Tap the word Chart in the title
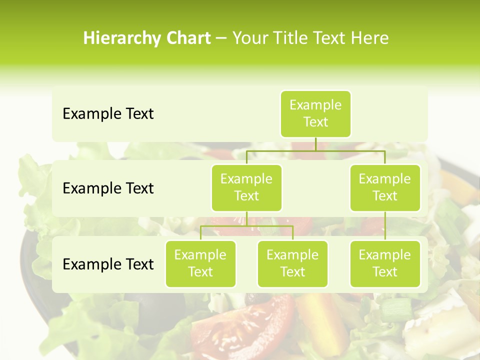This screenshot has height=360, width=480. tap(184, 38)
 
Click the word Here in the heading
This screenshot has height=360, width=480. tap(370, 38)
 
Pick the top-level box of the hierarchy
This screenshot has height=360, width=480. tap(315, 113)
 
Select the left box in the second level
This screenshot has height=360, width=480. tap(246, 187)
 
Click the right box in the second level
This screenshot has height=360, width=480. tap(385, 187)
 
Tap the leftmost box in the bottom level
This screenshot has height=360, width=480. tap(200, 263)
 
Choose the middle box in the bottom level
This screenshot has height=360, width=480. tap(292, 263)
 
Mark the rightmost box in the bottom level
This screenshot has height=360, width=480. tap(385, 263)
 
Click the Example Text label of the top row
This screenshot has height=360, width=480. tap(108, 114)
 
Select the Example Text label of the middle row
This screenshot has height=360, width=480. tap(108, 188)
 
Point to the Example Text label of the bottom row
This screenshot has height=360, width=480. tap(108, 264)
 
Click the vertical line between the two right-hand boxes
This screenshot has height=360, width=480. tap(385, 225)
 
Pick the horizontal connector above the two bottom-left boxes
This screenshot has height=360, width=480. tap(246, 225)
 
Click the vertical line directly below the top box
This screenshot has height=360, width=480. tap(315, 143)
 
